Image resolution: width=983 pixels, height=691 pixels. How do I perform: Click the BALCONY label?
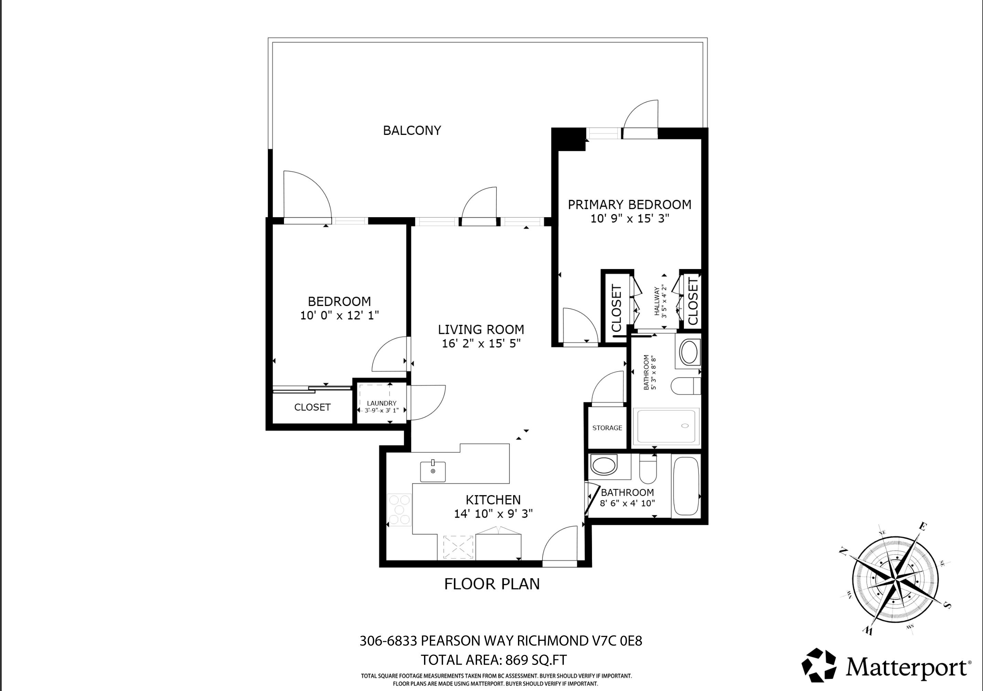412,130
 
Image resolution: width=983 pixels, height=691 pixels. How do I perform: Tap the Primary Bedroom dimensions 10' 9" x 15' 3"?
630,218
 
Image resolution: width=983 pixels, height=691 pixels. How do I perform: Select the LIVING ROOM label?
481,329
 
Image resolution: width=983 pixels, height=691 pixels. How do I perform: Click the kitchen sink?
433,471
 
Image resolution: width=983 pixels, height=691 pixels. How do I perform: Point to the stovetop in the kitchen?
399,509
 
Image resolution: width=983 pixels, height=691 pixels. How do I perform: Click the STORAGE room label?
607,428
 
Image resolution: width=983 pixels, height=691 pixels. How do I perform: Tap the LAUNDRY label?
381,403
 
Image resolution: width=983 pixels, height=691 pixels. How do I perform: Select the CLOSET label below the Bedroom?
312,407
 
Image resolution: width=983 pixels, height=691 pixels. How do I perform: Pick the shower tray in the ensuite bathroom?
666,426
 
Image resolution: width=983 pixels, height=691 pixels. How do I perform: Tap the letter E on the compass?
923,527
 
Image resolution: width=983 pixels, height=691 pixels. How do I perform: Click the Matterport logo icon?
818,665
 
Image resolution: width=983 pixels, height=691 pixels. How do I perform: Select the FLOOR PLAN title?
491,584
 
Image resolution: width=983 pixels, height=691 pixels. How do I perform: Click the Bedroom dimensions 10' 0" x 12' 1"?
339,316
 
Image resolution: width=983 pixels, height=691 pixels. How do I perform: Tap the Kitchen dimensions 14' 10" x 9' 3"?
493,513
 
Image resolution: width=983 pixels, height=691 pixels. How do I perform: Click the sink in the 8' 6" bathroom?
604,465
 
